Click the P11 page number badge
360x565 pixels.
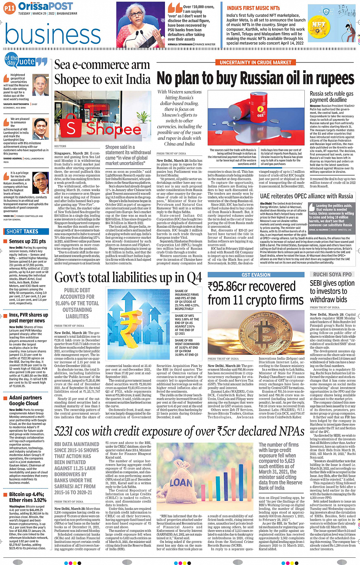click(x=10, y=8)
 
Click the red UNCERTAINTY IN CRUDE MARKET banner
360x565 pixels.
click(x=255, y=62)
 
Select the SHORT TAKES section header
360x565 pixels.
click(x=22, y=231)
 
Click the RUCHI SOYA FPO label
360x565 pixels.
click(x=332, y=275)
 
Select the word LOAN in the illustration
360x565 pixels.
click(x=181, y=483)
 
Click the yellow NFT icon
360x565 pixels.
click(x=318, y=26)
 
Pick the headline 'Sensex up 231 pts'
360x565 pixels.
click(x=27, y=241)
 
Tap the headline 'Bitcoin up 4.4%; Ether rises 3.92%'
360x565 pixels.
click(x=27, y=497)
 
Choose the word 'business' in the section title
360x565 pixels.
click(x=53, y=34)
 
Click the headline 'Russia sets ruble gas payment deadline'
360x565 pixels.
click(x=331, y=97)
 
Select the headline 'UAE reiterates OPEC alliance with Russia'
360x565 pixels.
click(x=306, y=196)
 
